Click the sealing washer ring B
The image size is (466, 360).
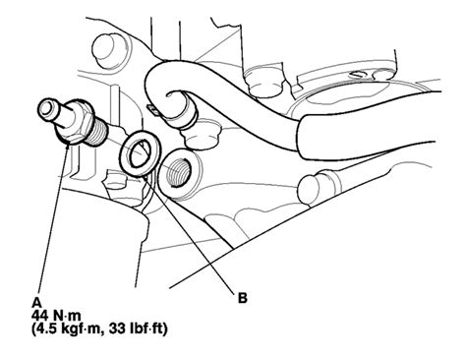click(x=139, y=155)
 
